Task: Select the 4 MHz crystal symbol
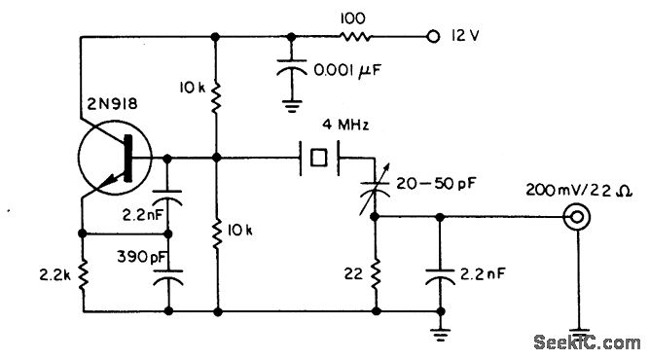pyautogui.click(x=316, y=157)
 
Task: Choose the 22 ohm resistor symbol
pyautogui.click(x=375, y=276)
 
